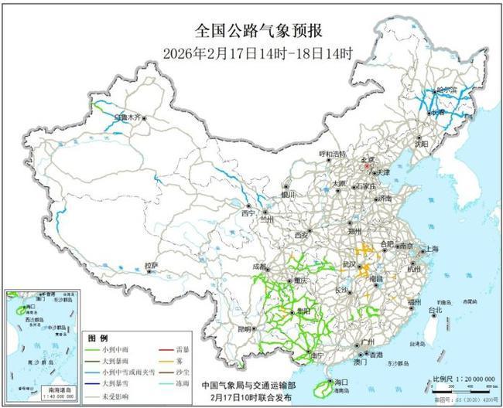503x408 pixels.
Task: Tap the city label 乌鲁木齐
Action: (127, 117)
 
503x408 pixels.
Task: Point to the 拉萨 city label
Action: (151, 266)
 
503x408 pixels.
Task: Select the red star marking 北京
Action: (369, 165)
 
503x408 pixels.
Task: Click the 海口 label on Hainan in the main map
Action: (337, 382)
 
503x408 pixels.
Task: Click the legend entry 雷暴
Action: (183, 350)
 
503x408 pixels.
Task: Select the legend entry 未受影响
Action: (116, 396)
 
